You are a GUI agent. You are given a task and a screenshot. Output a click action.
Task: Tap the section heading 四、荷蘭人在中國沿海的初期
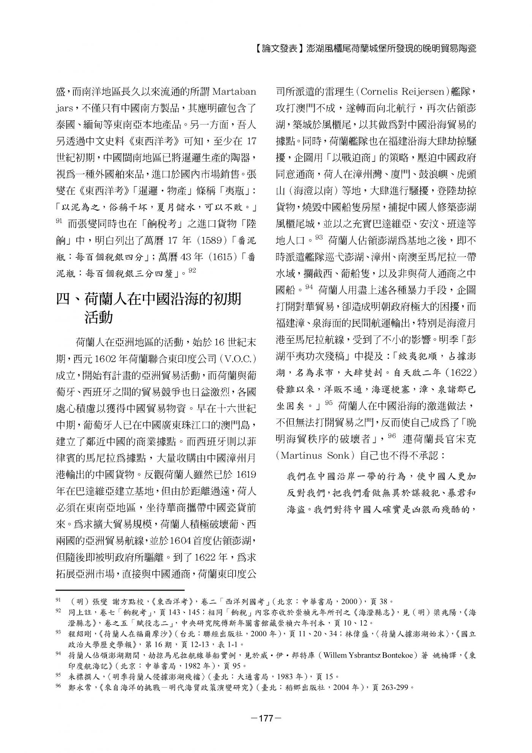(149, 299)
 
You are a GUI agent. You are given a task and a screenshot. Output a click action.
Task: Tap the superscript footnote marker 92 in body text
(192, 270)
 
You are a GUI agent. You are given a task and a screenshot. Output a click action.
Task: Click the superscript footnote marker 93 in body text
(319, 237)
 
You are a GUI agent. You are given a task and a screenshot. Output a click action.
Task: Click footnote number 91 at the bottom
(59, 601)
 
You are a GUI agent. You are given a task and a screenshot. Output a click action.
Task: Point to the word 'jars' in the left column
(63, 109)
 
